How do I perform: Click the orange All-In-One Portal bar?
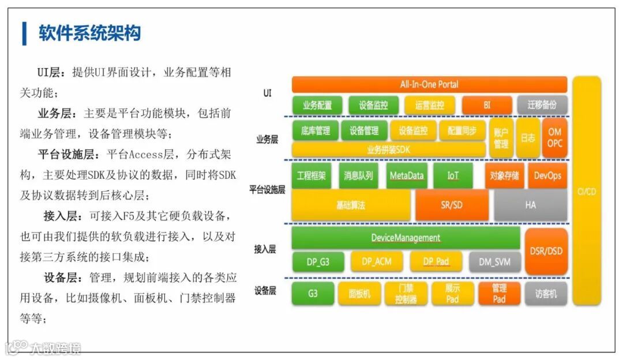coord(429,84)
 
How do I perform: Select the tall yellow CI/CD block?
coord(586,190)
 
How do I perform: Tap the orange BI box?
coord(487,106)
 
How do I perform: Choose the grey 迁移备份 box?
coord(542,106)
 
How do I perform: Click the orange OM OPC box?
coord(554,138)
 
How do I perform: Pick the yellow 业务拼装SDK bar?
coord(389,150)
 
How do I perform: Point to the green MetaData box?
coord(406,176)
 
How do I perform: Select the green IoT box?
coord(452,176)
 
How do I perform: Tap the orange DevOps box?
coord(547,176)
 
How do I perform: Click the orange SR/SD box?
coord(452,205)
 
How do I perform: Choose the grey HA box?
coord(530,205)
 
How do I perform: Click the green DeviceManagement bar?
coord(406,238)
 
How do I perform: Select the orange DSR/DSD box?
coord(546,251)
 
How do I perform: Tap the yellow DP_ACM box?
coord(377,262)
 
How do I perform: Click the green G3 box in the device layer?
coord(312,294)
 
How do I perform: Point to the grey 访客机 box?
coord(546,294)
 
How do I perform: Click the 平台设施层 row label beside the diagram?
coord(267,190)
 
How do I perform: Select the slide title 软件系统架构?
coord(89,33)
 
